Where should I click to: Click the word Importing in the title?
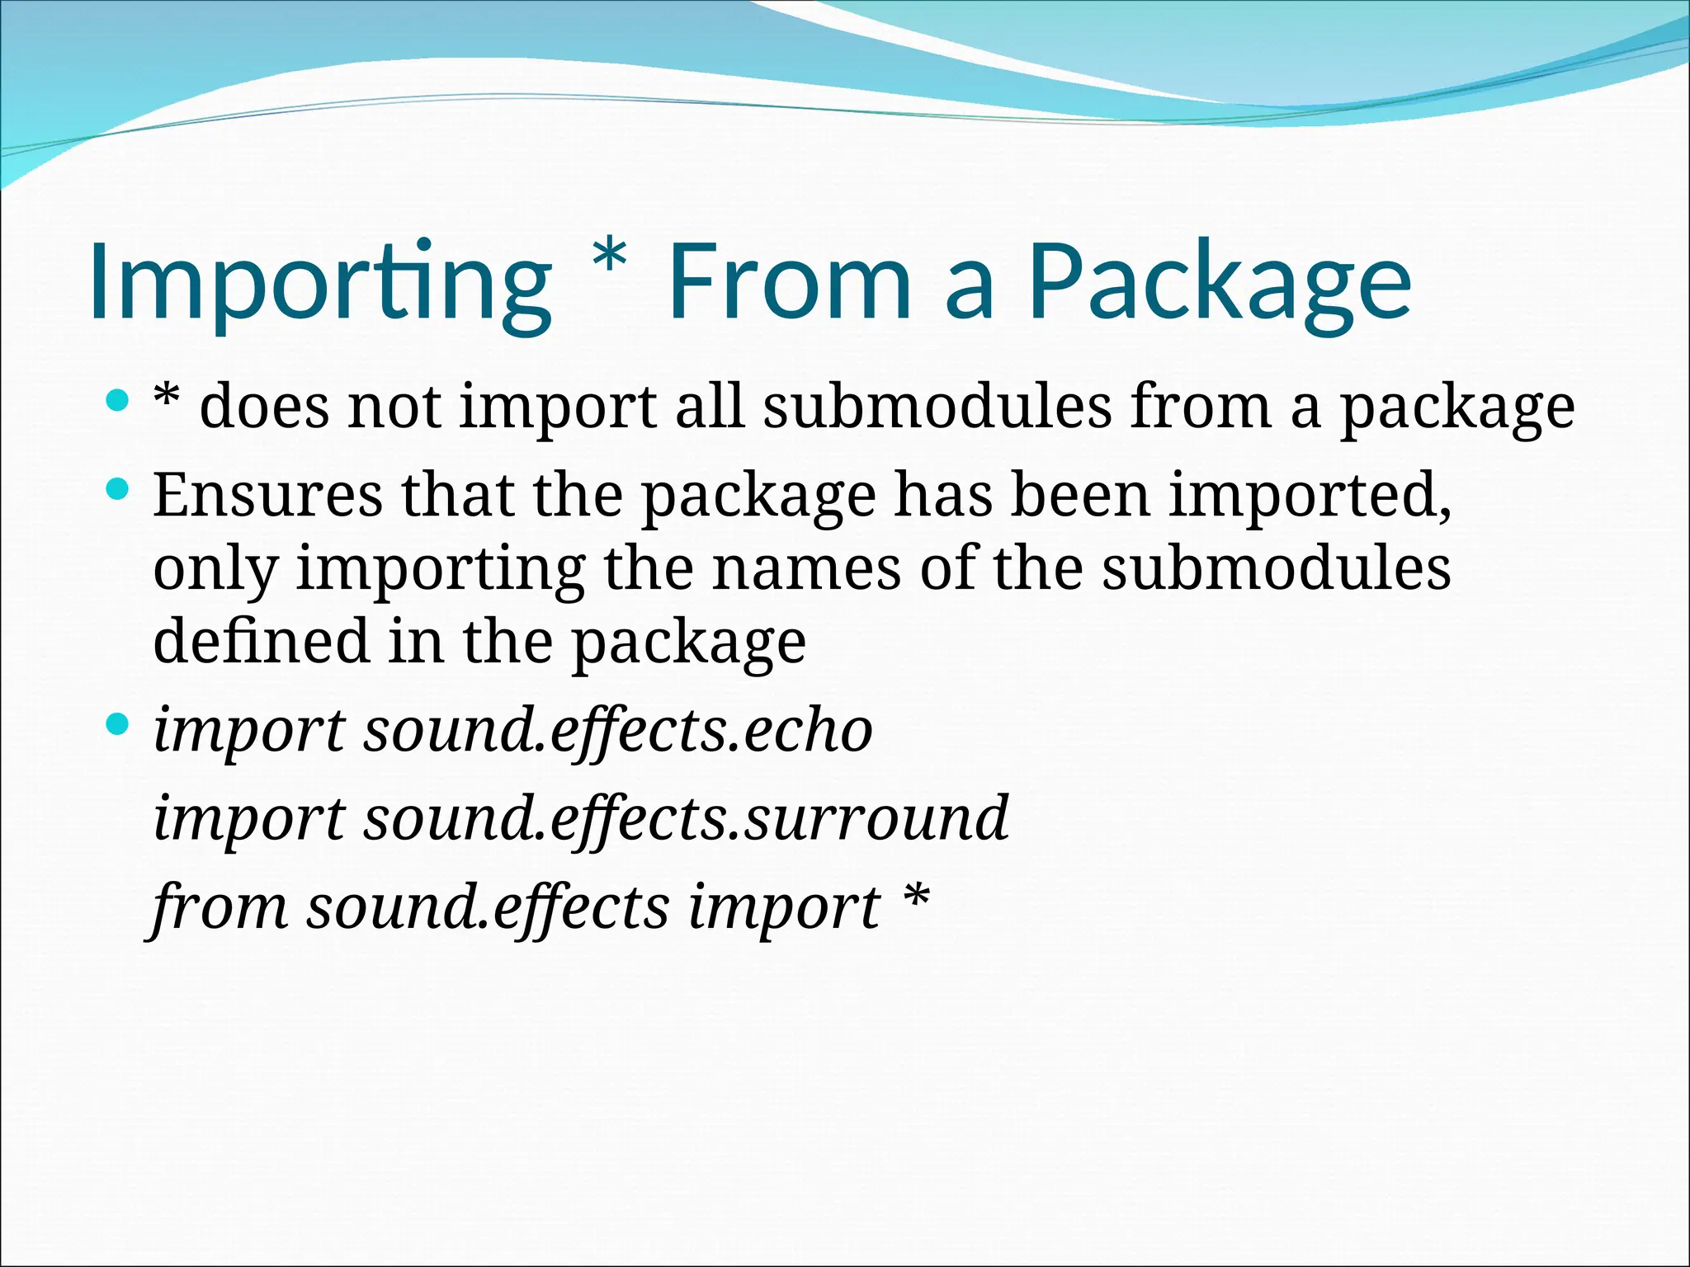pyautogui.click(x=319, y=282)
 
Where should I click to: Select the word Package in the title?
pyautogui.click(x=1219, y=282)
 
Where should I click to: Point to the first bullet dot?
pyautogui.click(x=119, y=402)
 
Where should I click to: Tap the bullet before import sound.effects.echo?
pyautogui.click(x=119, y=725)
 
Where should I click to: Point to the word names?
pyautogui.click(x=806, y=568)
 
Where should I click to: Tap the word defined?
pyautogui.click(x=261, y=641)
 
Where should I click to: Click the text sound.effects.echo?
pyautogui.click(x=618, y=732)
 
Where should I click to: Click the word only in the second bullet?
pyautogui.click(x=215, y=570)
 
